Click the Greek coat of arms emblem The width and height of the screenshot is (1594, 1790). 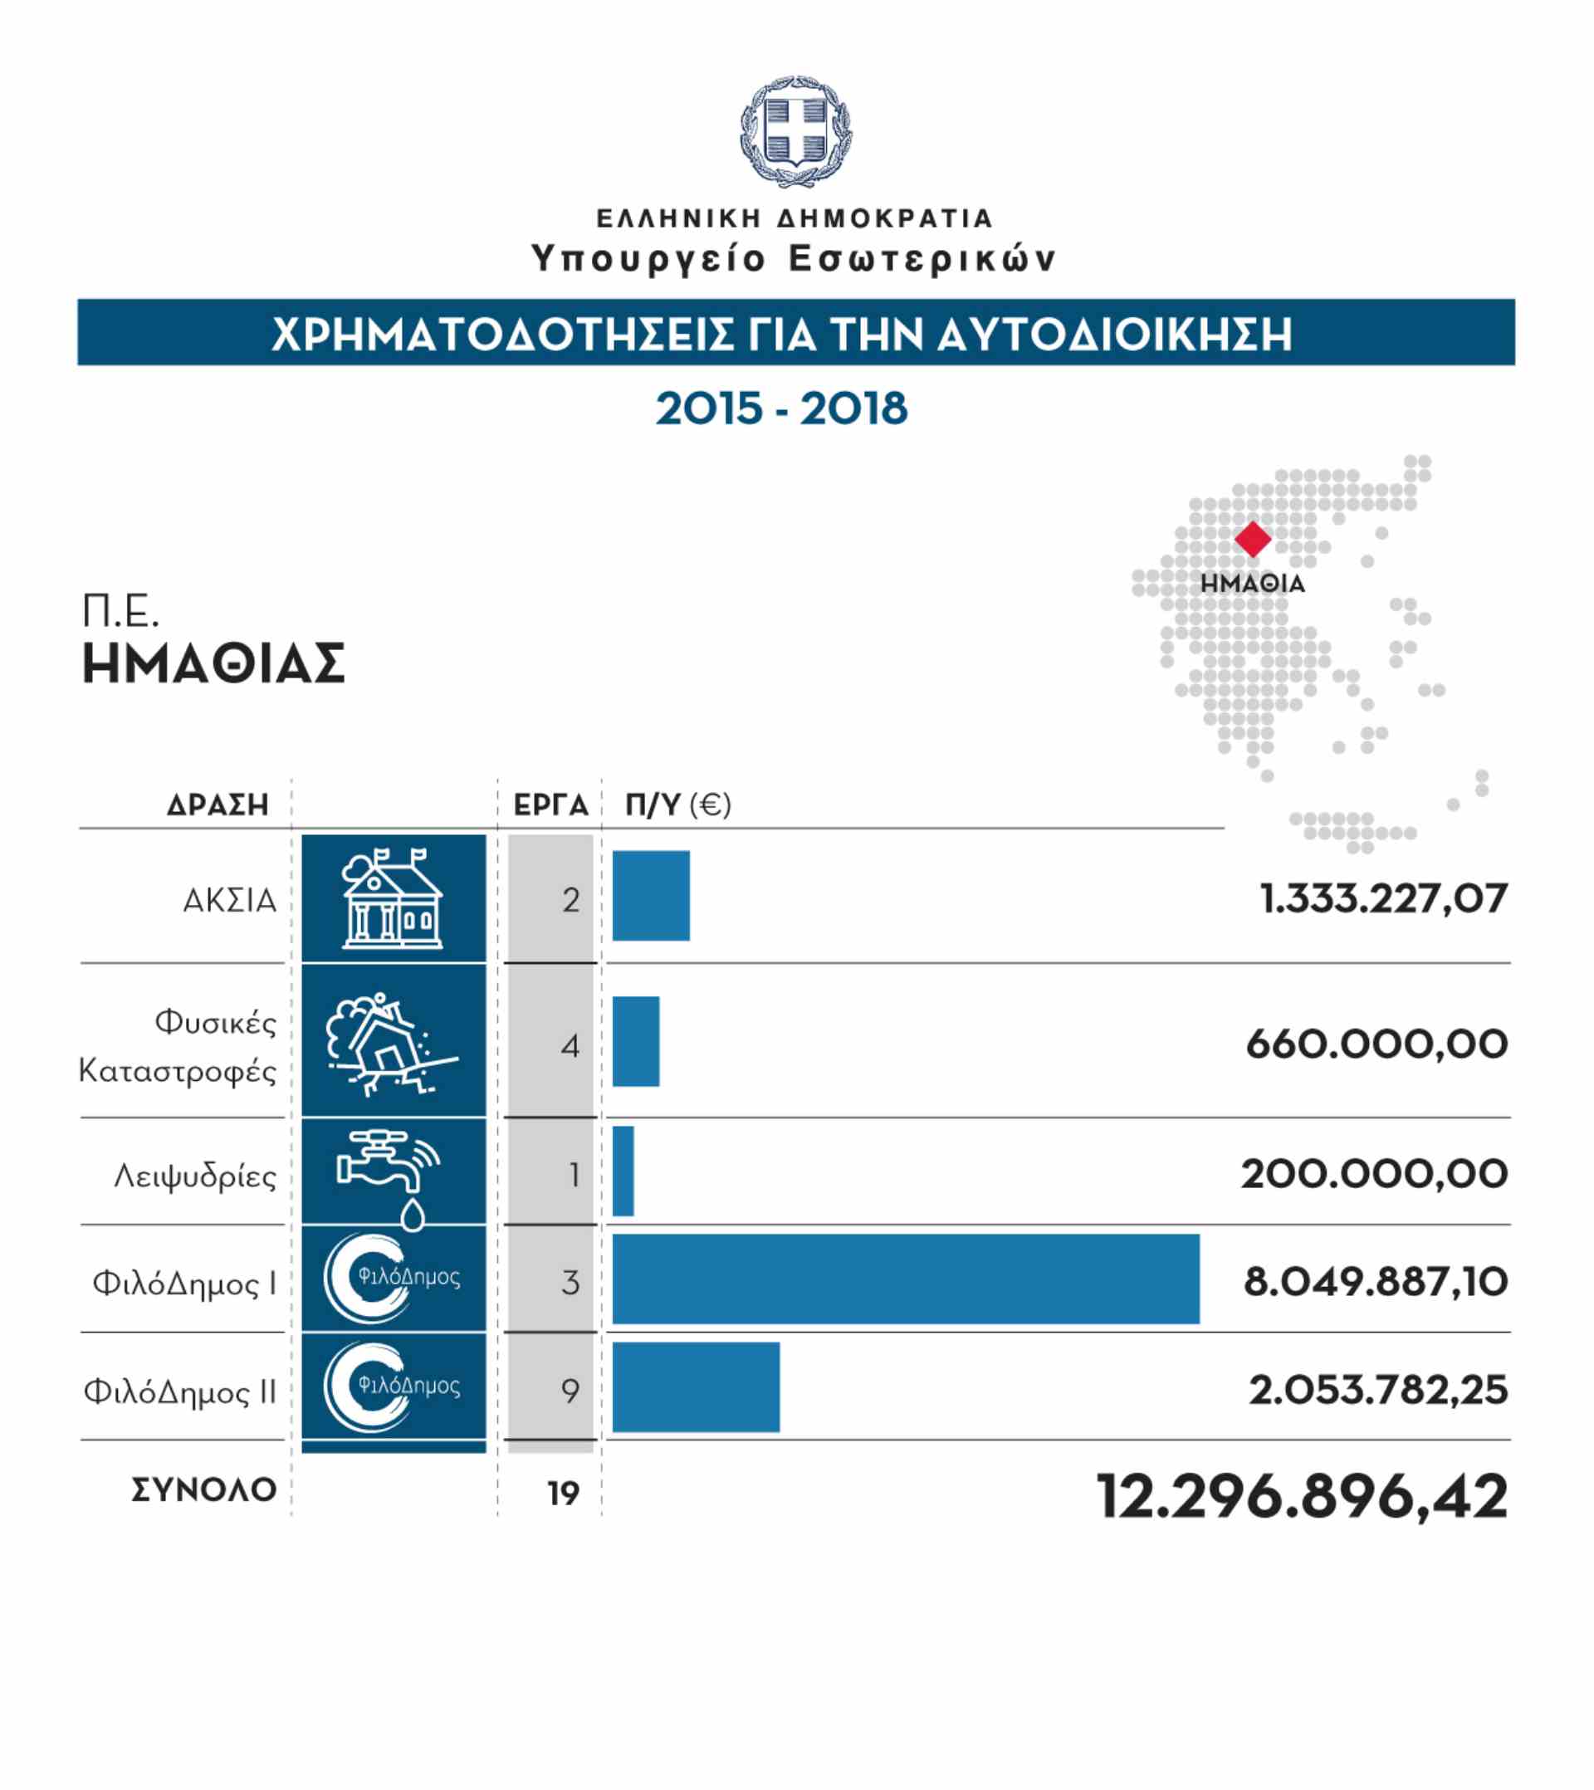click(796, 131)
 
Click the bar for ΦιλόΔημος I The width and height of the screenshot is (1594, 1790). click(906, 1279)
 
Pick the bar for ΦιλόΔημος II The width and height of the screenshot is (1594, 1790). click(696, 1387)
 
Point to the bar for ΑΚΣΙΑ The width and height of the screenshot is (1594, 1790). click(651, 895)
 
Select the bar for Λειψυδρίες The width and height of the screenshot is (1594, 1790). click(623, 1171)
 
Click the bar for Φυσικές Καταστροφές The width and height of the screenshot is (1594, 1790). click(636, 1041)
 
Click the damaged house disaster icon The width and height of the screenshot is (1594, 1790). click(392, 1044)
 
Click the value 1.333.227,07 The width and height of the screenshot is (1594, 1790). click(1384, 898)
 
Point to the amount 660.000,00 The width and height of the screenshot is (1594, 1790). click(1376, 1044)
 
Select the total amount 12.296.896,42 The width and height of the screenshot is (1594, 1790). click(1303, 1496)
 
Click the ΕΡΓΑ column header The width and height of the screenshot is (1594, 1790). click(551, 805)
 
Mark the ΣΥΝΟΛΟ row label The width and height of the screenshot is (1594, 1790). click(204, 1489)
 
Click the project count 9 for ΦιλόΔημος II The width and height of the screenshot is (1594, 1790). click(570, 1390)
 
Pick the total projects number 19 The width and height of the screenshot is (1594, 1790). click(564, 1494)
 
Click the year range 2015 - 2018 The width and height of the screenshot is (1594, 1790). click(781, 409)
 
